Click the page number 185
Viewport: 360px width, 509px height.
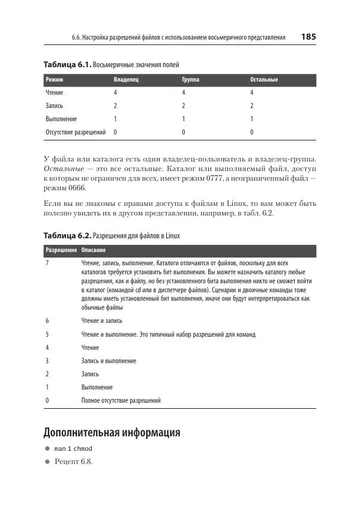point(308,37)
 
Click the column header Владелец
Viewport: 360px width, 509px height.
point(126,79)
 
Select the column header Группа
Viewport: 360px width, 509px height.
point(191,79)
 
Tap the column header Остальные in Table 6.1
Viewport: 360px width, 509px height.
point(264,79)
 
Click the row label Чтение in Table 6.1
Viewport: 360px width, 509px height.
point(54,93)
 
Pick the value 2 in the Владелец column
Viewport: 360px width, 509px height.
point(115,106)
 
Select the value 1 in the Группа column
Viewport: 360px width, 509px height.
point(184,119)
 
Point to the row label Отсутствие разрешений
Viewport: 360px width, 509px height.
point(76,132)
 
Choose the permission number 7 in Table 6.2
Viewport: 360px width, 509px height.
point(47,264)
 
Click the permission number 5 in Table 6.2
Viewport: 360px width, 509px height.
point(47,334)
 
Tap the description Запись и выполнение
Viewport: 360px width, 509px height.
point(109,361)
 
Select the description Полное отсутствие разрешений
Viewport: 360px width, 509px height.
point(121,400)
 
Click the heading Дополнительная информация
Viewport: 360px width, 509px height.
point(112,432)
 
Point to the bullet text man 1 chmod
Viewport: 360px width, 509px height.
point(73,448)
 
